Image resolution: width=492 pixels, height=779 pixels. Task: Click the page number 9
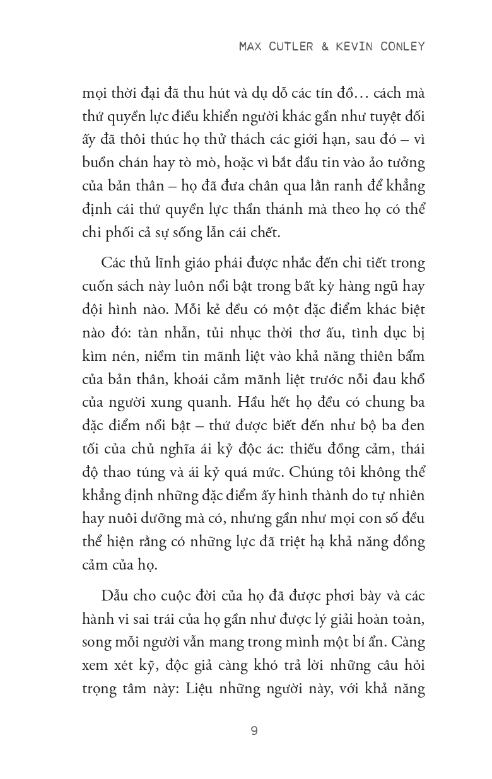click(x=254, y=731)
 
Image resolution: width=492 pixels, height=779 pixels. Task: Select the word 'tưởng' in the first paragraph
click(x=404, y=162)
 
